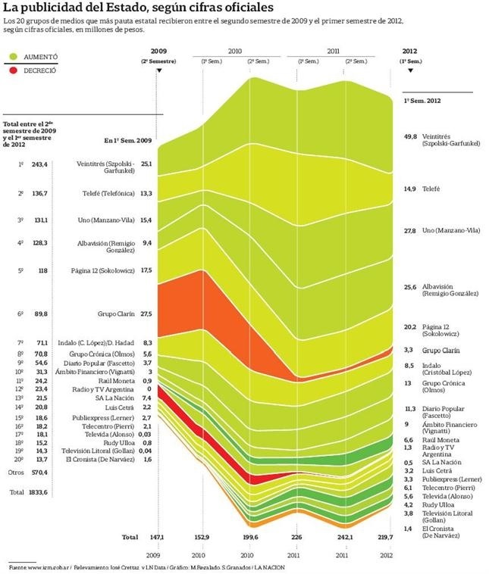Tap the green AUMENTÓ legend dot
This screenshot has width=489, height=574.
[13, 57]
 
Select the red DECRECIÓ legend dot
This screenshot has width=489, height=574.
[13, 70]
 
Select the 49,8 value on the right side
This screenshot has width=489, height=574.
[410, 136]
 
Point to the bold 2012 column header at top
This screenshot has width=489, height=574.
[409, 51]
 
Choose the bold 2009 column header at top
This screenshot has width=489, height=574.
[158, 51]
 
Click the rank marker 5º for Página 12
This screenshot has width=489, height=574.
[20, 270]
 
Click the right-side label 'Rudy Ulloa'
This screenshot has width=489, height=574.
[438, 504]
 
